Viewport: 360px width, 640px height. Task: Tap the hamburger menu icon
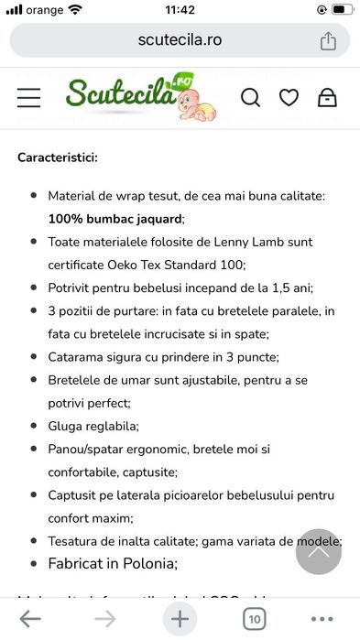(29, 97)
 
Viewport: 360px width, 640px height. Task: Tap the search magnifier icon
(250, 97)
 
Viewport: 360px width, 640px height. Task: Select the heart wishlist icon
(289, 97)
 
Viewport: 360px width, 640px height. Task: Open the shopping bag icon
(327, 97)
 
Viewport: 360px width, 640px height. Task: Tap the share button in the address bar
(328, 41)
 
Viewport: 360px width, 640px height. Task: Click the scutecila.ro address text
(180, 40)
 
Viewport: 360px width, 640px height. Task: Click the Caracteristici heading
(58, 157)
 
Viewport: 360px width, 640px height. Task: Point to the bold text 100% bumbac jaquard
(115, 219)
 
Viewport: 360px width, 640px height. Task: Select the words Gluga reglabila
(93, 426)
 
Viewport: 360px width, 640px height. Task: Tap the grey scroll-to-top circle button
(318, 551)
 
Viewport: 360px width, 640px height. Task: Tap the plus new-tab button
(180, 619)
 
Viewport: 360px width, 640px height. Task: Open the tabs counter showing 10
(254, 619)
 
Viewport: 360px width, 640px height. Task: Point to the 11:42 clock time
(180, 10)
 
